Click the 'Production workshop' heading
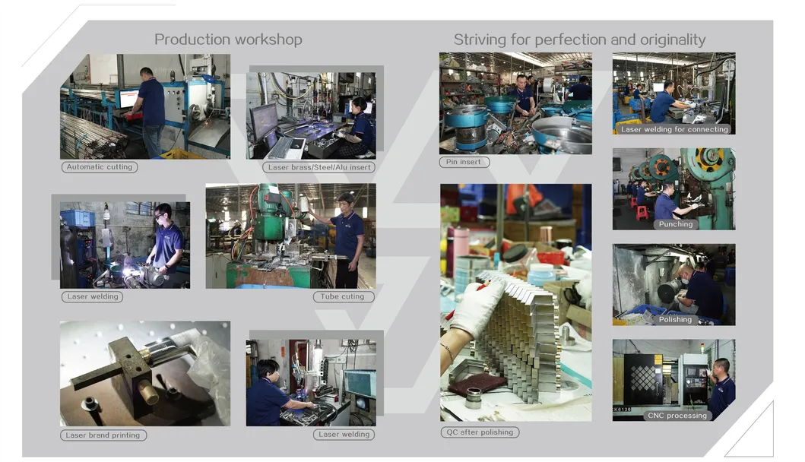coord(228,40)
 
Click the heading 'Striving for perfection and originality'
coord(579,40)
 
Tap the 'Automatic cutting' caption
coord(100,167)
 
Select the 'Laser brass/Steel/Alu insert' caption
coord(321,167)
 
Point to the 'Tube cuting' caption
coord(344,297)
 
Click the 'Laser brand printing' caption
coord(103,435)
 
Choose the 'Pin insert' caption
coord(464,162)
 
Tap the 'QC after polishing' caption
coord(479,432)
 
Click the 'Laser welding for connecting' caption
coord(673,129)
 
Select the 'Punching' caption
coord(675,224)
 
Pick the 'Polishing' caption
coord(675,320)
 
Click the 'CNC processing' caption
coord(677,416)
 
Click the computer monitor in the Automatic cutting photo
coord(128,99)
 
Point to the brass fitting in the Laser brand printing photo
coord(150,394)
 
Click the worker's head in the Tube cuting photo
coord(347,201)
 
